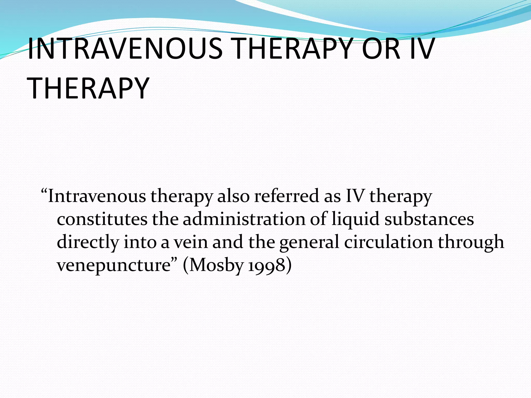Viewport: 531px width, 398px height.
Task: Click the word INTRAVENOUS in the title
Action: [125, 48]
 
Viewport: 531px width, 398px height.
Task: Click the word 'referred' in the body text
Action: [286, 196]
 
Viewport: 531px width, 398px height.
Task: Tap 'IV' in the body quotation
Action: [355, 196]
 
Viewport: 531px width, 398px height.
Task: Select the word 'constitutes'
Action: [102, 219]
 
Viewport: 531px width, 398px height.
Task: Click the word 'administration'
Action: [244, 219]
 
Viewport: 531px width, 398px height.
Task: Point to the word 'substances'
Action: [429, 219]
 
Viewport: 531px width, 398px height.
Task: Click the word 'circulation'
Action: [388, 242]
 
